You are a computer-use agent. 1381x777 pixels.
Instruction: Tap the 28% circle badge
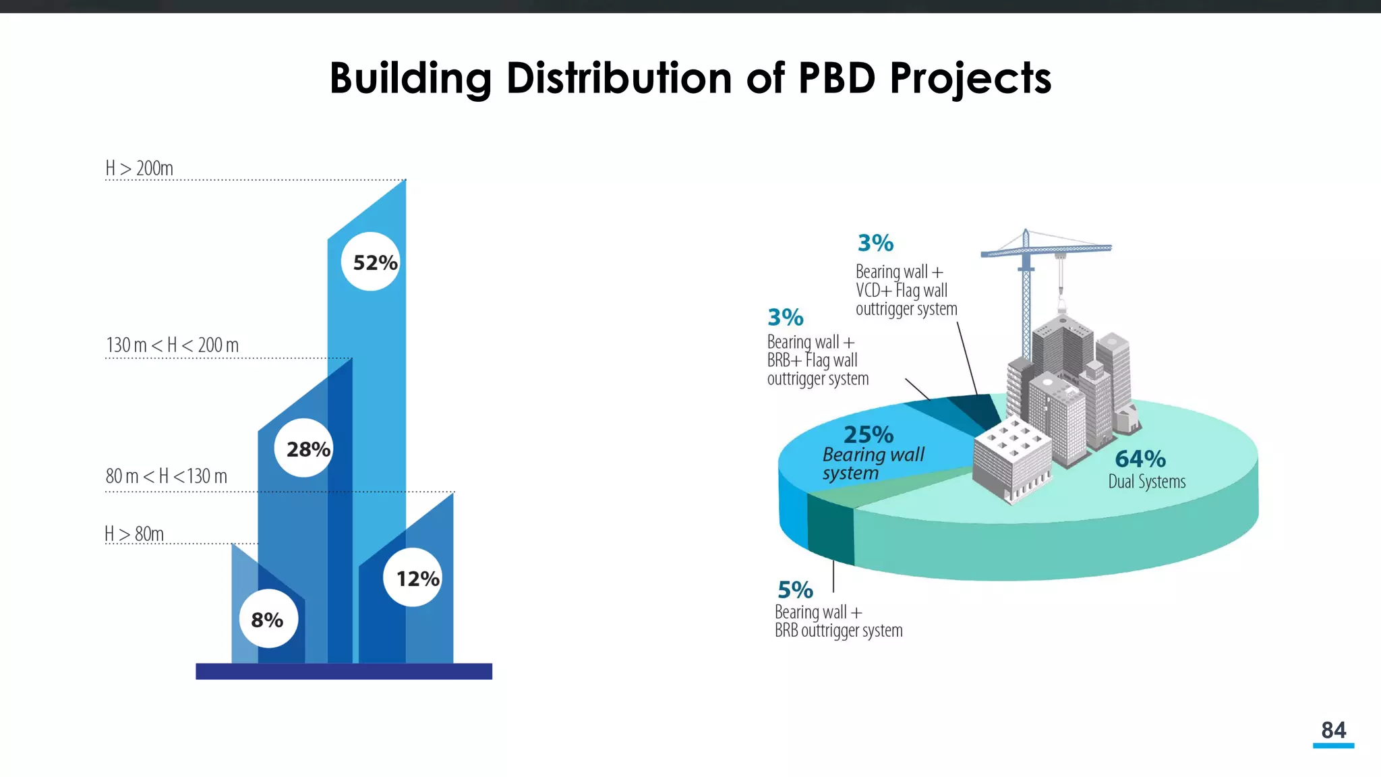(x=304, y=449)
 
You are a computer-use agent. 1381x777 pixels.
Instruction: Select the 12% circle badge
(x=413, y=578)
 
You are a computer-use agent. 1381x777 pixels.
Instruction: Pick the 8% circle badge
(x=268, y=619)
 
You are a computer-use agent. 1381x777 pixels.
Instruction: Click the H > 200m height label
(x=139, y=168)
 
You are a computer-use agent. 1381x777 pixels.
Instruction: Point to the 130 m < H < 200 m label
(x=172, y=345)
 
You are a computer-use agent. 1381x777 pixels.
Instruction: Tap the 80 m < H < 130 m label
(x=166, y=476)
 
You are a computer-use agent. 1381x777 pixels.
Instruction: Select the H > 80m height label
(x=134, y=534)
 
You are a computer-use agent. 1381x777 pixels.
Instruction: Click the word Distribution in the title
(x=619, y=78)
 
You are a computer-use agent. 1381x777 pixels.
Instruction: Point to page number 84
(x=1333, y=730)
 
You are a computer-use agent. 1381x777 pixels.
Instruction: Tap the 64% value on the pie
(x=1140, y=459)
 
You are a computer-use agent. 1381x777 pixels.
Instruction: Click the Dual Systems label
(x=1146, y=482)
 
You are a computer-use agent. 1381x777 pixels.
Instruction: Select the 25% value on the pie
(x=869, y=434)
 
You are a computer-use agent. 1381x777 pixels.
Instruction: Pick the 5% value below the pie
(x=795, y=590)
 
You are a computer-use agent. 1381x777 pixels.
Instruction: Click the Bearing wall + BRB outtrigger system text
(x=838, y=621)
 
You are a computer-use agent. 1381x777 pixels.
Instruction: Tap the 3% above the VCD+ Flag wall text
(x=875, y=243)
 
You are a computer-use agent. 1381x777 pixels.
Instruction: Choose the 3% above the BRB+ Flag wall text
(x=786, y=317)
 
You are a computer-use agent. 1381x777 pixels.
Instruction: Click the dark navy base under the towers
(x=344, y=671)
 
